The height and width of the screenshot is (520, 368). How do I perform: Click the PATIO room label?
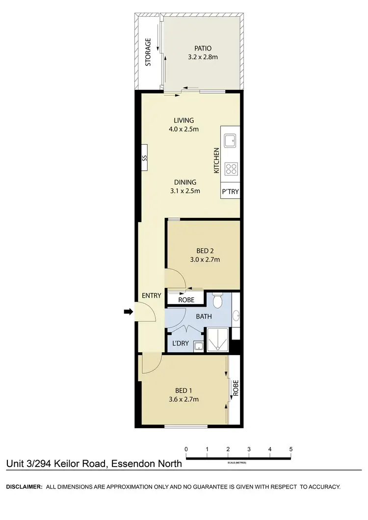203,49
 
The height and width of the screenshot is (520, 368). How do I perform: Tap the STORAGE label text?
147,52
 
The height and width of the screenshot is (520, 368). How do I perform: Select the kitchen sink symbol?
230,141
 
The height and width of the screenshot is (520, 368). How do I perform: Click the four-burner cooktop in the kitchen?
231,169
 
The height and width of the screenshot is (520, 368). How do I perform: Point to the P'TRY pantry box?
230,192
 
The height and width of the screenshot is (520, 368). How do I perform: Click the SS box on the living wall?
144,158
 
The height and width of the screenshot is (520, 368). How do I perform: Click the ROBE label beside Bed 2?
186,300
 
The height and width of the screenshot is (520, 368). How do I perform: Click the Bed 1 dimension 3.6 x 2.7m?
182,399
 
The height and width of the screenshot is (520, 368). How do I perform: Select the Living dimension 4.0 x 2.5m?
184,130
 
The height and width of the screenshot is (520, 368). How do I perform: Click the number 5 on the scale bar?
291,449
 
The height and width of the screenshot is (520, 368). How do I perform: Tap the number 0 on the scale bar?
186,449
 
